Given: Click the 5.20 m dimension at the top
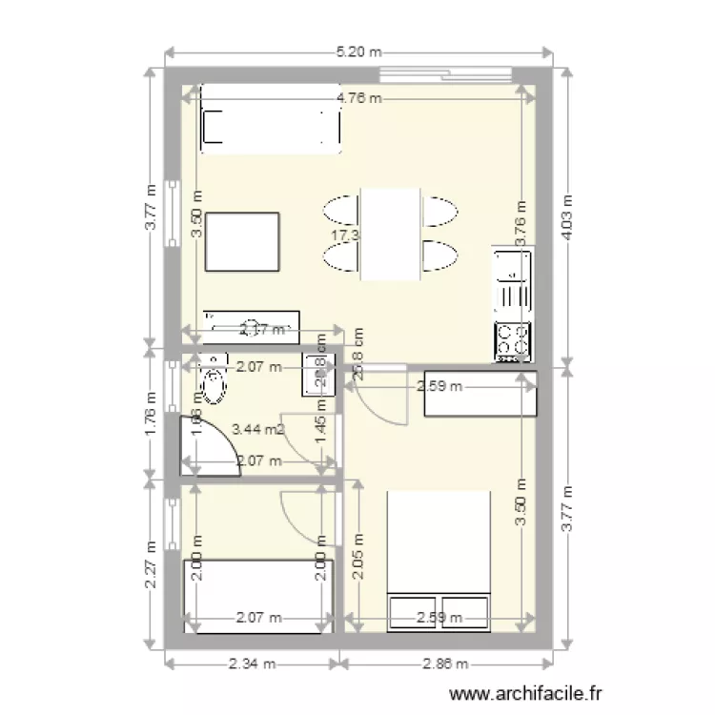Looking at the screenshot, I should click(x=357, y=52).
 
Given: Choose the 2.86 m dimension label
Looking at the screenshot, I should click(x=447, y=664).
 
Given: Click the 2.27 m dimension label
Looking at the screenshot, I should click(x=150, y=566).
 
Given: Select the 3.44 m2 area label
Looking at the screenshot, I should click(x=257, y=430).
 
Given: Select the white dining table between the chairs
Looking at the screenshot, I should click(x=389, y=235).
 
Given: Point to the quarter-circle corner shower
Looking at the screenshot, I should click(x=208, y=445).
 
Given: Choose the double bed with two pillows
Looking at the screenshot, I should click(x=439, y=561).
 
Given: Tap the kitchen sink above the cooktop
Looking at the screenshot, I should click(x=512, y=282).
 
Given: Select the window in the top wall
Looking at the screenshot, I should click(x=445, y=74).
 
